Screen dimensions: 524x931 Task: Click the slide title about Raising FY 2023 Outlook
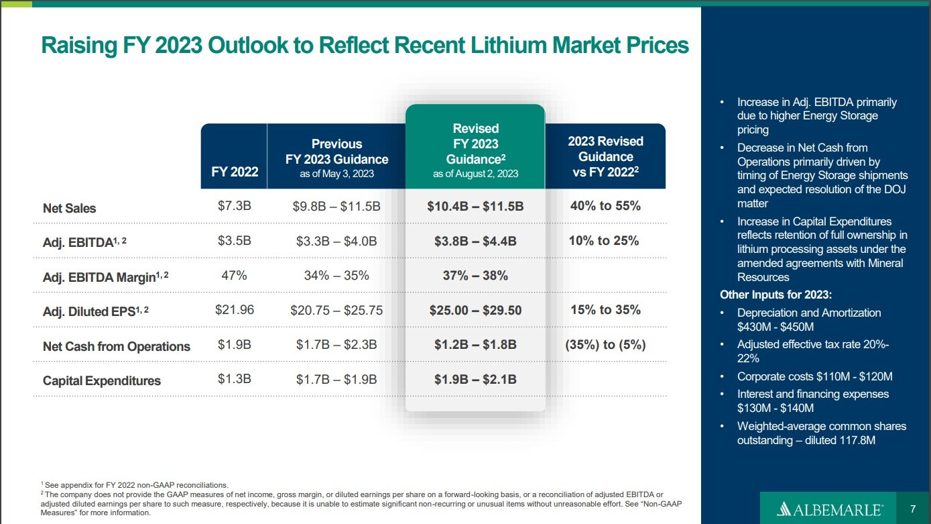click(365, 45)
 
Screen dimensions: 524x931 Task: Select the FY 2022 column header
click(235, 172)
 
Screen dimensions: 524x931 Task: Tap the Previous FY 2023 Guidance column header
click(336, 158)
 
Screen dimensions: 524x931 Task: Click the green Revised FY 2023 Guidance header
click(475, 150)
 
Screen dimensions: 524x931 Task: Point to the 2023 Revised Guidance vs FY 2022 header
click(605, 156)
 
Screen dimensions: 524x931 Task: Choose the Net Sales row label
click(69, 208)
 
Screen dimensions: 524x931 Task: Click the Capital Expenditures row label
click(102, 380)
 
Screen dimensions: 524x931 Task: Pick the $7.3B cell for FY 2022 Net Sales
click(235, 206)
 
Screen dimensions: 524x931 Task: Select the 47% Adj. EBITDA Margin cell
click(235, 275)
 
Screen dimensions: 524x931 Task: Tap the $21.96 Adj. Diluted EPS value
click(235, 310)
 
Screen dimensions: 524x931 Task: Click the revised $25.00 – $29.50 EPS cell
click(475, 310)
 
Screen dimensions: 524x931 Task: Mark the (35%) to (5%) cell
click(605, 345)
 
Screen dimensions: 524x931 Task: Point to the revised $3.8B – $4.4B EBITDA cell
click(475, 241)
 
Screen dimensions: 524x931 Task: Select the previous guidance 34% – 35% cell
click(336, 275)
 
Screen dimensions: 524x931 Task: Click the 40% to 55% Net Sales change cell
click(605, 206)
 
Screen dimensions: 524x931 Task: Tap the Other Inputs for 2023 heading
click(776, 295)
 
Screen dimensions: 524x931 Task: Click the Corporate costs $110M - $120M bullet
click(814, 376)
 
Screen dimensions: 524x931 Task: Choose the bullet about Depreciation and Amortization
click(809, 319)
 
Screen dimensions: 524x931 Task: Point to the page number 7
click(913, 509)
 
